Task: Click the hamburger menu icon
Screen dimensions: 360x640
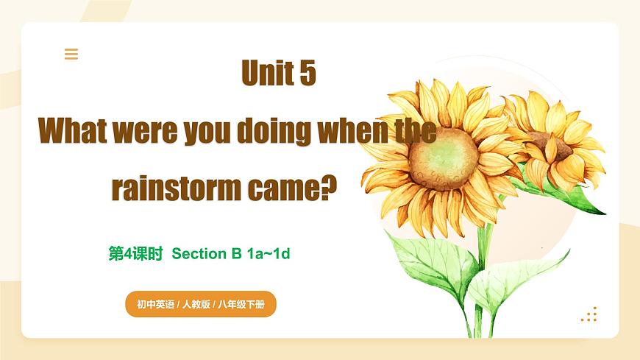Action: tap(71, 54)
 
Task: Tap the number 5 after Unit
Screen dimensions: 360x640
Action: tap(307, 74)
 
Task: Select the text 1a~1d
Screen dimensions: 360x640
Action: tap(269, 254)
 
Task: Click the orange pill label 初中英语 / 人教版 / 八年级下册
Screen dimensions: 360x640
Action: tap(200, 303)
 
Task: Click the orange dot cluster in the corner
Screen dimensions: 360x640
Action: tap(589, 314)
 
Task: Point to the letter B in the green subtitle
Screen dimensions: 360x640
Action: tap(237, 254)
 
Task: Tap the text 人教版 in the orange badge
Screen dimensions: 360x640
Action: tap(193, 303)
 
